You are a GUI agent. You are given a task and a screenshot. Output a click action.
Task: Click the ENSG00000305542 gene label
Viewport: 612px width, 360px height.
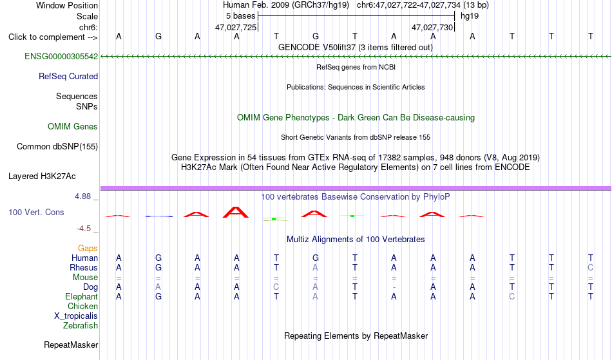[61, 57]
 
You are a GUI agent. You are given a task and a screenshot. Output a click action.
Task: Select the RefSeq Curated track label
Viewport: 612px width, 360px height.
[68, 77]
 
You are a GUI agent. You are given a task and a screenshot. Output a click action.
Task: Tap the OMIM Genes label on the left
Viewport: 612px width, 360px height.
[73, 126]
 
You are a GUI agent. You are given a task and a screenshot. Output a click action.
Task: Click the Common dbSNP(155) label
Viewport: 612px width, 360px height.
[57, 147]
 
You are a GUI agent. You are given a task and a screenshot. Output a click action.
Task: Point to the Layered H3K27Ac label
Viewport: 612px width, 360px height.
[42, 176]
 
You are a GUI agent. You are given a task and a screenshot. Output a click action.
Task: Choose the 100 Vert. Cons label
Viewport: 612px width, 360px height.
[36, 212]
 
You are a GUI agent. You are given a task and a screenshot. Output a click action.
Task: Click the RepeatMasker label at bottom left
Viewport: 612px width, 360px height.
[71, 345]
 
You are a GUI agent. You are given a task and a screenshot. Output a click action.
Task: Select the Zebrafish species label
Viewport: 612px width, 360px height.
[81, 326]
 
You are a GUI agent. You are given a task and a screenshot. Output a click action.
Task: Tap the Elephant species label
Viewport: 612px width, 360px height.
[82, 297]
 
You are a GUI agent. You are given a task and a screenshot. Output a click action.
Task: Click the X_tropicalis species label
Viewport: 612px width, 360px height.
[76, 316]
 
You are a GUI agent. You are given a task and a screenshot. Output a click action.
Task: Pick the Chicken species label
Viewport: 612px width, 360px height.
[82, 307]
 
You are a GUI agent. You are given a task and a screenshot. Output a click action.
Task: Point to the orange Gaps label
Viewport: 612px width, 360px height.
[88, 249]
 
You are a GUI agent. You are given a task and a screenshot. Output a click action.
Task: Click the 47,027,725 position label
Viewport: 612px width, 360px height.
[236, 28]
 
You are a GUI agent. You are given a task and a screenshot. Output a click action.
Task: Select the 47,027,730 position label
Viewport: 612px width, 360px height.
[432, 28]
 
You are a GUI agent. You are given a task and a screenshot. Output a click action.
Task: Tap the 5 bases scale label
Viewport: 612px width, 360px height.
[240, 16]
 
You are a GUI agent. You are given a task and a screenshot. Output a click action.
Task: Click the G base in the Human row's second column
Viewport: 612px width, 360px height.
[158, 258]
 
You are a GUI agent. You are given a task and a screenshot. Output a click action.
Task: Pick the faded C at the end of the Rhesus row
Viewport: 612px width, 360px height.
[591, 268]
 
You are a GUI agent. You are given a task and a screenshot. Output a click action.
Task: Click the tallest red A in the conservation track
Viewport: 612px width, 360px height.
[235, 212]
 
